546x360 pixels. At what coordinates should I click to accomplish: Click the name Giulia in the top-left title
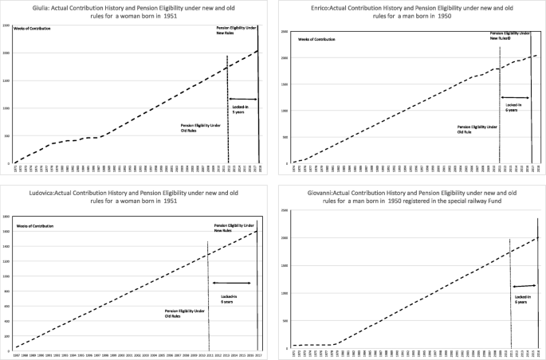tap(28, 6)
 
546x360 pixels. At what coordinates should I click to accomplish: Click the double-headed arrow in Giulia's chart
tap(242, 100)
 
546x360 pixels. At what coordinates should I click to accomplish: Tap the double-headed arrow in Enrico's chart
tap(516, 96)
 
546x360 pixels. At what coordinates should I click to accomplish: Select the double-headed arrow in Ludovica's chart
tap(232, 283)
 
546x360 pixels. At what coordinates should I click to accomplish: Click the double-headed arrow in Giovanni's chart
tap(524, 286)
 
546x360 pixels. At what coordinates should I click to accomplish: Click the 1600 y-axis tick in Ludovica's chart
tap(7, 231)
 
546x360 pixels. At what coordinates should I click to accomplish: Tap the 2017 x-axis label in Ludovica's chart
tap(258, 354)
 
